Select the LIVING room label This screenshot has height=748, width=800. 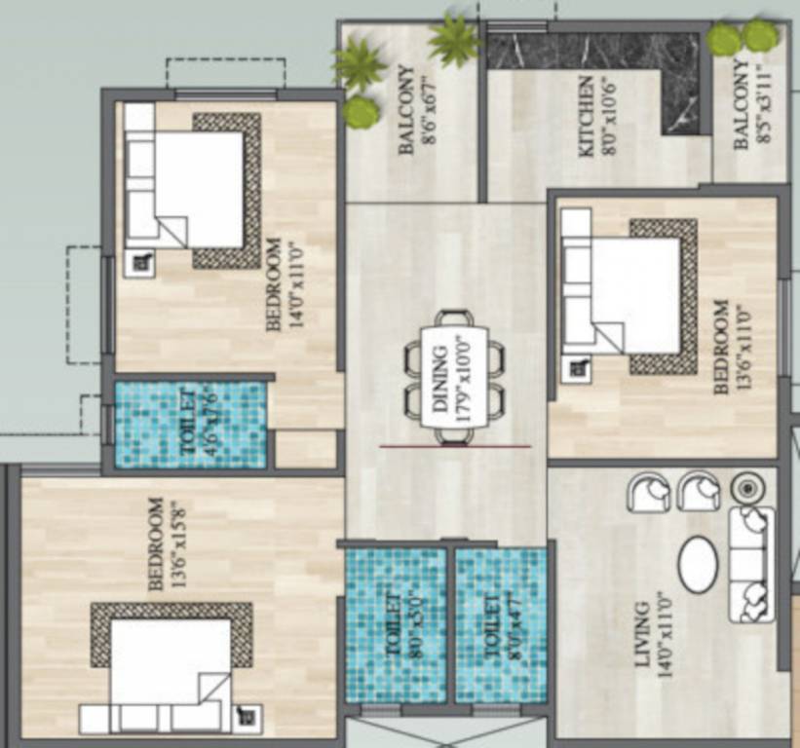pos(640,635)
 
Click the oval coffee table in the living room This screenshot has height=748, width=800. pos(698,564)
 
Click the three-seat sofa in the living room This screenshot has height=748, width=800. pos(750,564)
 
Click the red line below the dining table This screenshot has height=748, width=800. pos(455,447)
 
